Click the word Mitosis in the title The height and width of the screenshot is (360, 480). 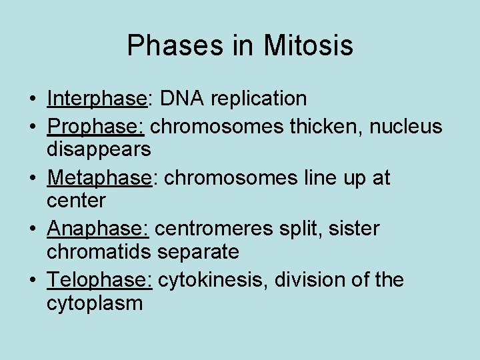pos(308,46)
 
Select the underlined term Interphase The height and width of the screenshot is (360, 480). pos(96,99)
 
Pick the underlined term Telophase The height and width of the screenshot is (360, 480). pos(99,280)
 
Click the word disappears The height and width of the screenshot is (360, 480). pos(99,149)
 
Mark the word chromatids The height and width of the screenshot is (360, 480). pos(99,252)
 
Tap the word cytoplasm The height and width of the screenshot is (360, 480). pos(94,304)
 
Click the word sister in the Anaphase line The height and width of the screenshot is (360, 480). pos(355,229)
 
